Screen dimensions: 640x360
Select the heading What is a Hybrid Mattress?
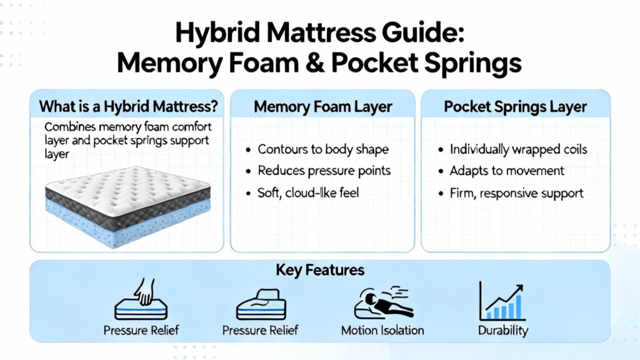129,107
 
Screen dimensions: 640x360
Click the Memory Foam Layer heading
323,107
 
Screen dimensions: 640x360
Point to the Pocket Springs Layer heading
516,107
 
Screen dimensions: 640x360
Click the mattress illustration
127,206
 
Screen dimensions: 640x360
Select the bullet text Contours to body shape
323,149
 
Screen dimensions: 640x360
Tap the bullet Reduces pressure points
324,171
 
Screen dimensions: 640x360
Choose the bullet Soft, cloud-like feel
308,192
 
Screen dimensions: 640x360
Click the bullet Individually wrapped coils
518,149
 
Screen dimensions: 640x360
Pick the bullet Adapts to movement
507,171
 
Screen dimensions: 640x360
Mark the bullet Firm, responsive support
517,192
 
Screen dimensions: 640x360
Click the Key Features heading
320,270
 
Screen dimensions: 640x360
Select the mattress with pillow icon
261,304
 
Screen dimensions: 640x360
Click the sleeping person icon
383,302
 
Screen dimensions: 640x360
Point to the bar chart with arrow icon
502,301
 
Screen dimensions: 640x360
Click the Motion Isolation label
382,330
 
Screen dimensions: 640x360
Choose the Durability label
503,331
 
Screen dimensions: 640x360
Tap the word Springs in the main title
472,63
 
